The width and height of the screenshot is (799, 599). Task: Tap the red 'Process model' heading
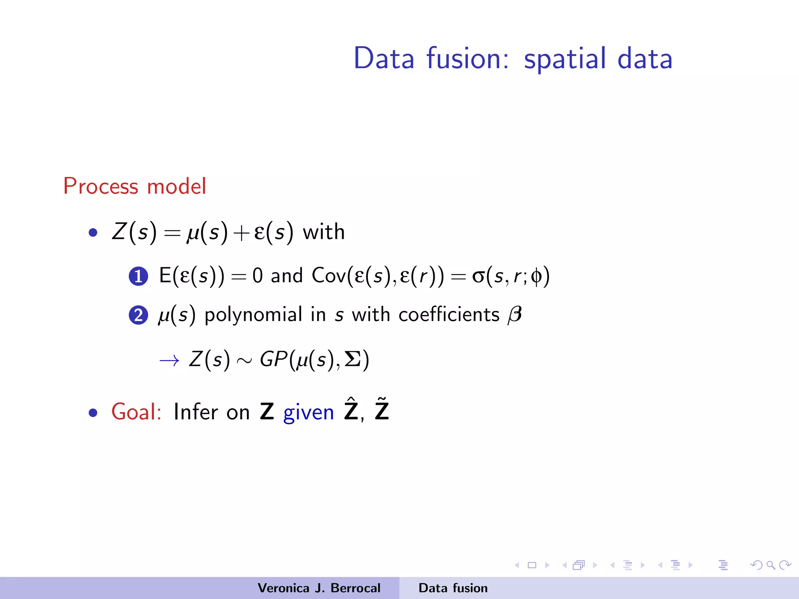tap(135, 186)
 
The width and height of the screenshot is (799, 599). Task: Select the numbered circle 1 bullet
tap(138, 276)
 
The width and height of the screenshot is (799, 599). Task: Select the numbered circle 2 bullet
tap(138, 315)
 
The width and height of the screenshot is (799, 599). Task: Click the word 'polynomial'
tap(253, 315)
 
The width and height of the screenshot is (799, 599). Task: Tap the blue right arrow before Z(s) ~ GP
tap(169, 360)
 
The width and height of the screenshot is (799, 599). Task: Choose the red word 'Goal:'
tap(136, 412)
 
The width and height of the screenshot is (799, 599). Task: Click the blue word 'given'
tap(308, 413)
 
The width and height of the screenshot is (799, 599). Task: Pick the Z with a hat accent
tap(351, 410)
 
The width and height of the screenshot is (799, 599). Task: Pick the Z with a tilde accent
tap(382, 410)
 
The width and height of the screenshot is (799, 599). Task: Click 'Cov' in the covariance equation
tap(328, 276)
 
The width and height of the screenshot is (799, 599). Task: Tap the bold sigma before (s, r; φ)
tap(478, 276)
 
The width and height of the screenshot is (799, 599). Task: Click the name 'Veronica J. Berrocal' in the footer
tap(319, 588)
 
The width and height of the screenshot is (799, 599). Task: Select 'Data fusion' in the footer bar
tap(453, 588)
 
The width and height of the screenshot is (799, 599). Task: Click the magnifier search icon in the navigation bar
tap(771, 565)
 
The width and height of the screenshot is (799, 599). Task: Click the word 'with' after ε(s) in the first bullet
tap(324, 232)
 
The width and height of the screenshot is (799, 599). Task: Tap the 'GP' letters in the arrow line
tap(273, 359)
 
